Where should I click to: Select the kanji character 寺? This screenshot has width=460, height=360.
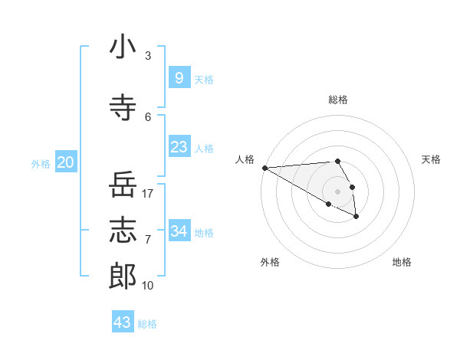pyautogui.click(x=123, y=108)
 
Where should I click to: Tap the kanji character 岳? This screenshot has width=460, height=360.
pyautogui.click(x=123, y=186)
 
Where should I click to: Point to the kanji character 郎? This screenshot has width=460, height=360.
pyautogui.click(x=123, y=274)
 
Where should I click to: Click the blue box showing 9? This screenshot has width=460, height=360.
pyautogui.click(x=179, y=78)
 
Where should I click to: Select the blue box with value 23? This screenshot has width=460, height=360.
pyautogui.click(x=179, y=147)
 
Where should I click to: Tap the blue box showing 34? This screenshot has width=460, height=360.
pyautogui.click(x=179, y=231)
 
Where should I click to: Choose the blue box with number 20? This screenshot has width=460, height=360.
pyautogui.click(x=66, y=162)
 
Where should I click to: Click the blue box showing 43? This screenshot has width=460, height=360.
pyautogui.click(x=123, y=322)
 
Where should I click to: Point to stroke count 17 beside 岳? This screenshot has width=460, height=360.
pyautogui.click(x=149, y=194)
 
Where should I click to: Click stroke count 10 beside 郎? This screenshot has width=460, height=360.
pyautogui.click(x=148, y=286)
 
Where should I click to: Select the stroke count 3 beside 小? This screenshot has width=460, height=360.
pyautogui.click(x=148, y=56)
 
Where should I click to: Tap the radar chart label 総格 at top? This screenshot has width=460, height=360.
pyautogui.click(x=338, y=100)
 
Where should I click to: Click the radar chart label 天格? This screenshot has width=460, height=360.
pyautogui.click(x=431, y=159)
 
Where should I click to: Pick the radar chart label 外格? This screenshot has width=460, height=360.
pyautogui.click(x=270, y=262)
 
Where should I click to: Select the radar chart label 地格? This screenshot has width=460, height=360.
pyautogui.click(x=402, y=262)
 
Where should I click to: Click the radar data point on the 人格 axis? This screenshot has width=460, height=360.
pyautogui.click(x=264, y=168)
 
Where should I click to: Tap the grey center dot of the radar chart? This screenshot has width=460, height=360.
pyautogui.click(x=338, y=191)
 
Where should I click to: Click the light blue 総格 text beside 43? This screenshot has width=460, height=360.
pyautogui.click(x=147, y=324)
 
